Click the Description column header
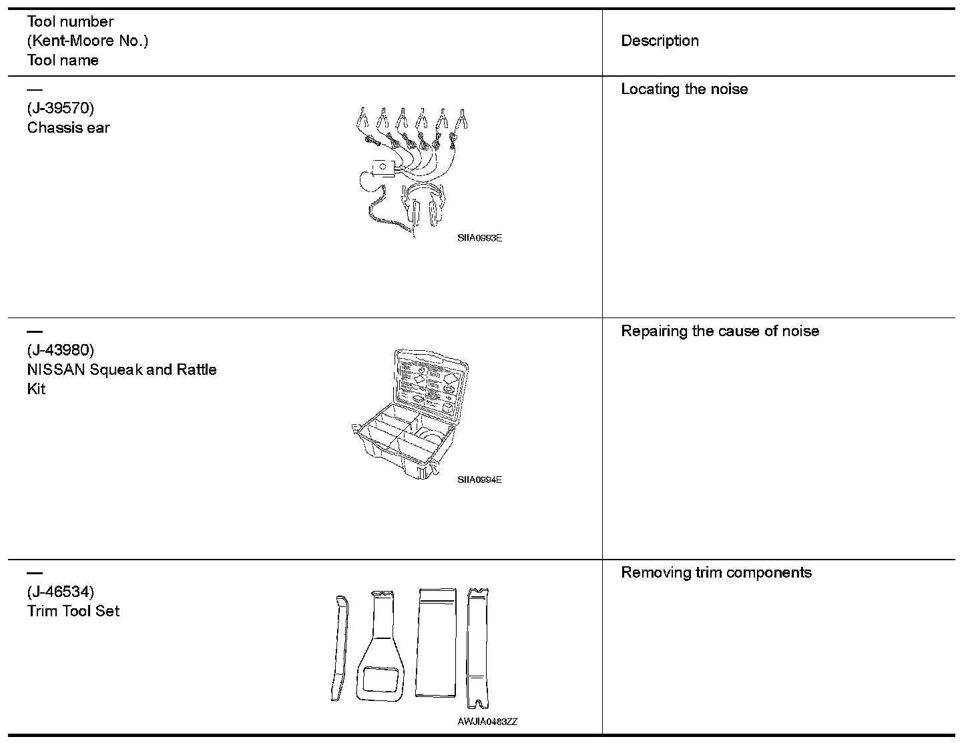[x=660, y=41]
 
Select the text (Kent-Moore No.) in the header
[x=87, y=41]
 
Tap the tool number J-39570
[x=60, y=108]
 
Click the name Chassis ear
[x=68, y=127]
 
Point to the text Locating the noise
[x=684, y=89]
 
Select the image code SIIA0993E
[x=479, y=237]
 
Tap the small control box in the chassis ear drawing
[x=383, y=166]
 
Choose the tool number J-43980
[x=60, y=350]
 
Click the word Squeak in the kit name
[x=115, y=369]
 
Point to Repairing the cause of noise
[x=720, y=331]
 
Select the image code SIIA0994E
[x=479, y=480]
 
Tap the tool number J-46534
[x=60, y=592]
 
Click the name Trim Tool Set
[x=73, y=611]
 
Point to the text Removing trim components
[x=716, y=573]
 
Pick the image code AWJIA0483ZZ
[x=487, y=722]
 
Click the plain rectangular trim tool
[x=436, y=642]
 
